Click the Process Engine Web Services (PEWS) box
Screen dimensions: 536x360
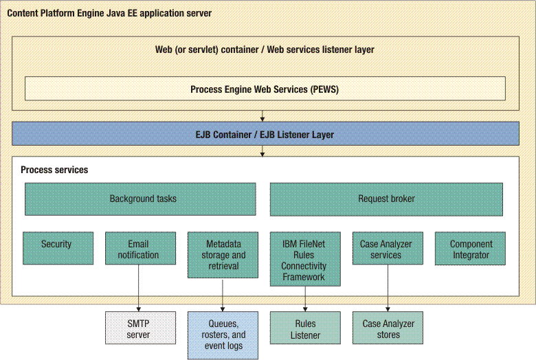point(265,89)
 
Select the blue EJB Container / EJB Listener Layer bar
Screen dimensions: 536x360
point(265,134)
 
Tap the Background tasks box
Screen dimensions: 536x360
point(140,199)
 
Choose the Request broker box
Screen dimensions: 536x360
point(386,199)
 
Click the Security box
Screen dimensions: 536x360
point(58,248)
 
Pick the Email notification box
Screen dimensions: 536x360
point(140,248)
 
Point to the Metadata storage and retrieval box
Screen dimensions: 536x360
point(223,255)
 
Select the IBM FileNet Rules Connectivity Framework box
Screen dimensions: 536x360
point(305,259)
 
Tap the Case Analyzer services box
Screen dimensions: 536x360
point(388,248)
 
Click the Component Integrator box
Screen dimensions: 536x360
point(470,249)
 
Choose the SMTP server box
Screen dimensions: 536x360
point(140,328)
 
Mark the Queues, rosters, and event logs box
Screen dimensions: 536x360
point(223,335)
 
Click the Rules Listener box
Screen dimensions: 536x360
point(305,328)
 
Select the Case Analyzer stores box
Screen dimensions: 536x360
point(388,328)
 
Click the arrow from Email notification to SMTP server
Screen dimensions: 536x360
point(139,288)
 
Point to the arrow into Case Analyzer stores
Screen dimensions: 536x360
point(388,288)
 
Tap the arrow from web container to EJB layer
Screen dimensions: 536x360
point(263,116)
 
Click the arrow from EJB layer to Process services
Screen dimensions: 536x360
point(263,151)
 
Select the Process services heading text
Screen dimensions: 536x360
point(54,170)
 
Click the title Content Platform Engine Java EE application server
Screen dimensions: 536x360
point(109,13)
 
